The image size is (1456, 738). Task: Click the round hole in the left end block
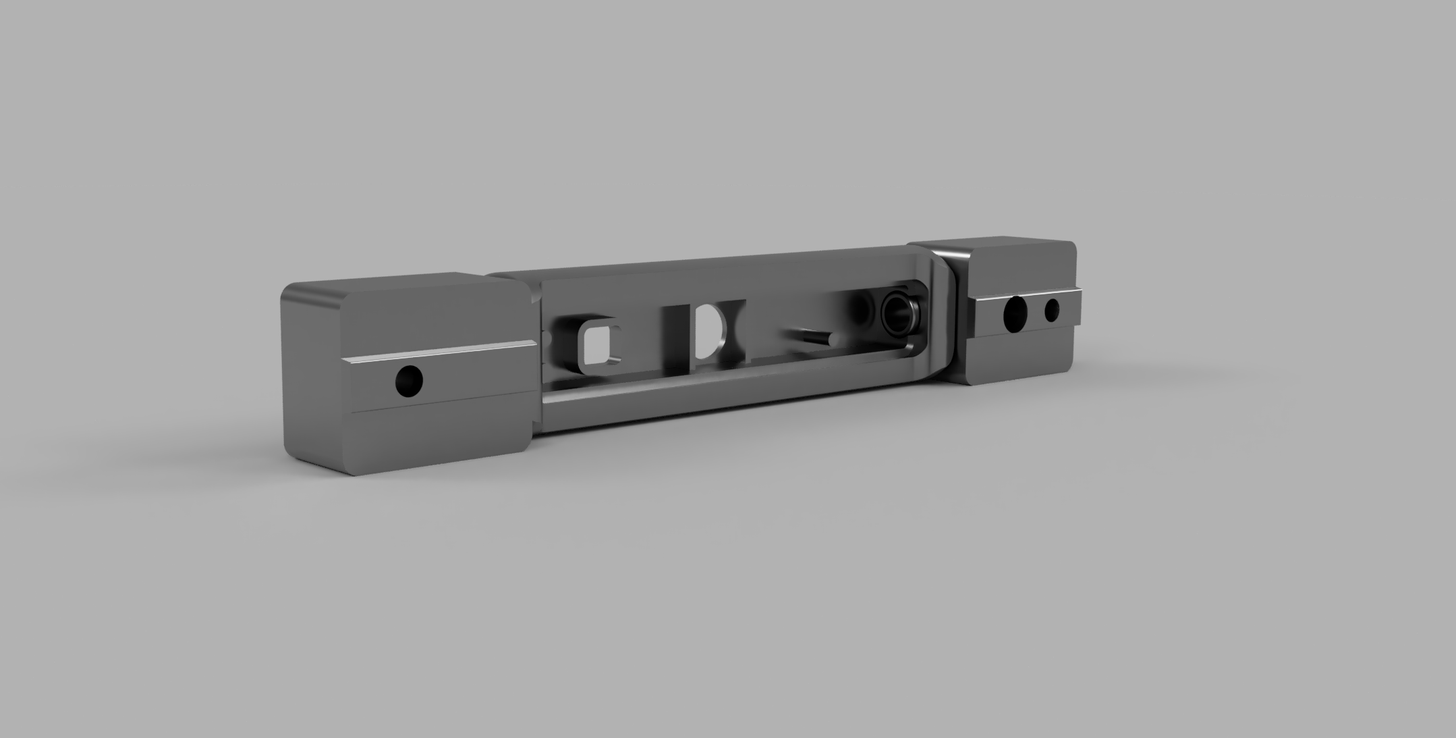pyautogui.click(x=409, y=381)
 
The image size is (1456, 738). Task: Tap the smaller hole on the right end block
pyautogui.click(x=1052, y=311)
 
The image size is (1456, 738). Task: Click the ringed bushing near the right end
pyautogui.click(x=898, y=313)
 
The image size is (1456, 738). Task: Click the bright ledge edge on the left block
pyautogui.click(x=439, y=351)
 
